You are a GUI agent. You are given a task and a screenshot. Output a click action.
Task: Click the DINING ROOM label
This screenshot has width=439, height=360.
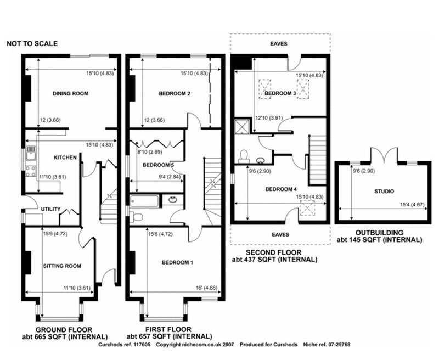70,93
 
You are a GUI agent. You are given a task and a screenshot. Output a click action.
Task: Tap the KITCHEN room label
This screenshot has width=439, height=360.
65,157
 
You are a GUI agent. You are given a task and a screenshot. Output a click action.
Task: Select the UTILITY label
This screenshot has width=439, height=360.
50,209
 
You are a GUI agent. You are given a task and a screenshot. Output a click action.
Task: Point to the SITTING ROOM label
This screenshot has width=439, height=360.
62,266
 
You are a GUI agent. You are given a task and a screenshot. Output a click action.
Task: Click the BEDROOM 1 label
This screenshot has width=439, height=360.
177,262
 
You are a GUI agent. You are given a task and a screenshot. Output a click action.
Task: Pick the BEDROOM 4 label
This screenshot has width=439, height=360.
281,189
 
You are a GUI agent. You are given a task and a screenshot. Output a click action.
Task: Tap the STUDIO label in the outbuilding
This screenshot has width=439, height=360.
384,192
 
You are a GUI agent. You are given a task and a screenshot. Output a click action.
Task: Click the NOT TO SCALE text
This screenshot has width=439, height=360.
32,44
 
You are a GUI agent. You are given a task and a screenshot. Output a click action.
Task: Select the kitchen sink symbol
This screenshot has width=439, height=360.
31,153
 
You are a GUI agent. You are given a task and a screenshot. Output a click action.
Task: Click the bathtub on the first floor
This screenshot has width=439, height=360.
144,201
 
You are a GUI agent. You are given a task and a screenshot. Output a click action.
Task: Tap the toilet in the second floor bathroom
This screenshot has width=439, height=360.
244,156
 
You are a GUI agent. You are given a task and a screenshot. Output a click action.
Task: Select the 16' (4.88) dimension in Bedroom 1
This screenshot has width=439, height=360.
207,288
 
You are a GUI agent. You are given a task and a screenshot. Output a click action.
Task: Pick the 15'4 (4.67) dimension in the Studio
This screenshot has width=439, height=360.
412,205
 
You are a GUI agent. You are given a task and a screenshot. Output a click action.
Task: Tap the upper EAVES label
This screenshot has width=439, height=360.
279,44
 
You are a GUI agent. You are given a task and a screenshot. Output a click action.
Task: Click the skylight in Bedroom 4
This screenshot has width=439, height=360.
307,208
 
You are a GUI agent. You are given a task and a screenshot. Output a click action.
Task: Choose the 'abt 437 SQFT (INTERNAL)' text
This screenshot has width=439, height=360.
275,260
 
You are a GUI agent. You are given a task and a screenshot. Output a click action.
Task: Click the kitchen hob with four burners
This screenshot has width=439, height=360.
31,171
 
